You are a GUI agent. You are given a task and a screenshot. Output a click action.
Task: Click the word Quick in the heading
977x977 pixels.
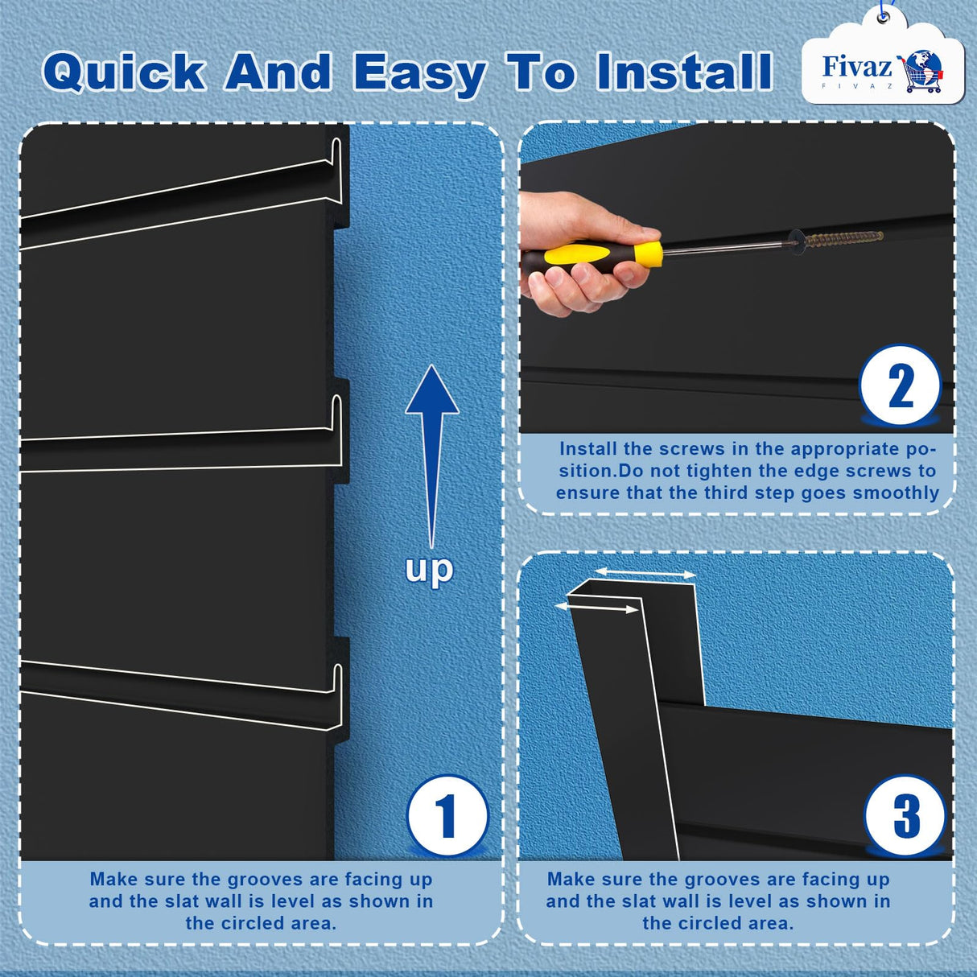(x=124, y=72)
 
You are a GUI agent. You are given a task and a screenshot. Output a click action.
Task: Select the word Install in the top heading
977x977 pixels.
(x=684, y=72)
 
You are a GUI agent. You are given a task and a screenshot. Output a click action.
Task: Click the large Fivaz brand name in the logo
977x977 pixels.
(x=856, y=66)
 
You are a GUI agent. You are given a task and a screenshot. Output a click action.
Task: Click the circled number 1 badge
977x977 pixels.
(x=447, y=816)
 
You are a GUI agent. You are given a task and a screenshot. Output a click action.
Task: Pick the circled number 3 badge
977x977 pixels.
(x=905, y=816)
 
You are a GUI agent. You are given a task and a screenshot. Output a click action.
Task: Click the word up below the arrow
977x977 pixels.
(x=430, y=570)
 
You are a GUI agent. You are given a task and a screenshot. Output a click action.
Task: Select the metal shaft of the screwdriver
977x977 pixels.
(x=724, y=248)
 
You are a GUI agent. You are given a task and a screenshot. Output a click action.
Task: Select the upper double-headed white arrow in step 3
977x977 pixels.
(x=645, y=573)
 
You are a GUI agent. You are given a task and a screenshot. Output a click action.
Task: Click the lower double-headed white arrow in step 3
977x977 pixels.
(x=597, y=608)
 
